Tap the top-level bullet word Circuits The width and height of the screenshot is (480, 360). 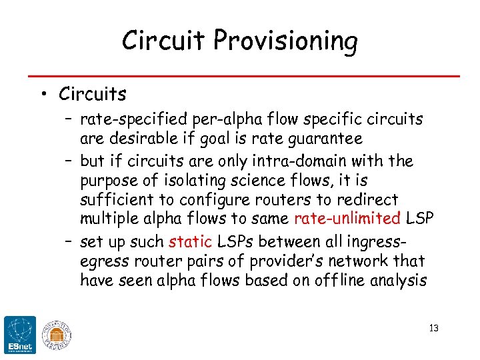click(92, 94)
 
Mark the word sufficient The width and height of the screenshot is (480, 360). click(112, 200)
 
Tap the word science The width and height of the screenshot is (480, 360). click(263, 181)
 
